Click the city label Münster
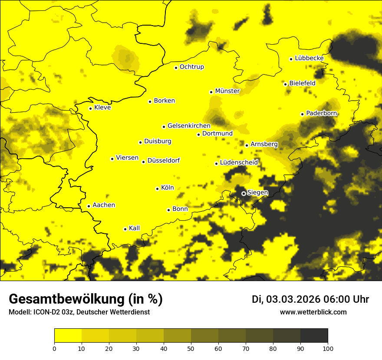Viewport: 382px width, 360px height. tap(227, 91)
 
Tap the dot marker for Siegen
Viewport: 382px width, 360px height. tap(244, 193)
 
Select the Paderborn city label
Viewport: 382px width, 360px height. tap(321, 113)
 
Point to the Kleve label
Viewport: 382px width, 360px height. tap(102, 108)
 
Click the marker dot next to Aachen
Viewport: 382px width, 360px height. tap(89, 206)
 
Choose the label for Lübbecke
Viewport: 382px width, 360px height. tap(309, 58)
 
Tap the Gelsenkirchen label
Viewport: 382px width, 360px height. tap(189, 126)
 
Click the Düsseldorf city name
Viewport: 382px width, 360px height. tap(164, 160)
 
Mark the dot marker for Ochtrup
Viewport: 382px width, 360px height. tap(176, 68)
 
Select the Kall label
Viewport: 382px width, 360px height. tap(134, 228)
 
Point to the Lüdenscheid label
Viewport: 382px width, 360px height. tap(239, 163)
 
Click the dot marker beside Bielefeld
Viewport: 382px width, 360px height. tap(285, 84)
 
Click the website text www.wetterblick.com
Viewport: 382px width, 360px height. tap(313, 312)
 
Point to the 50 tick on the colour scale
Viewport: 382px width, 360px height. tap(191, 348)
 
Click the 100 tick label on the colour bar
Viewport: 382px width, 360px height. tap(328, 348)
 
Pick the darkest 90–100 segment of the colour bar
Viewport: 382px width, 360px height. tap(314, 335)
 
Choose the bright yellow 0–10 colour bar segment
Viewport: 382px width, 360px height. tap(68, 335)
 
